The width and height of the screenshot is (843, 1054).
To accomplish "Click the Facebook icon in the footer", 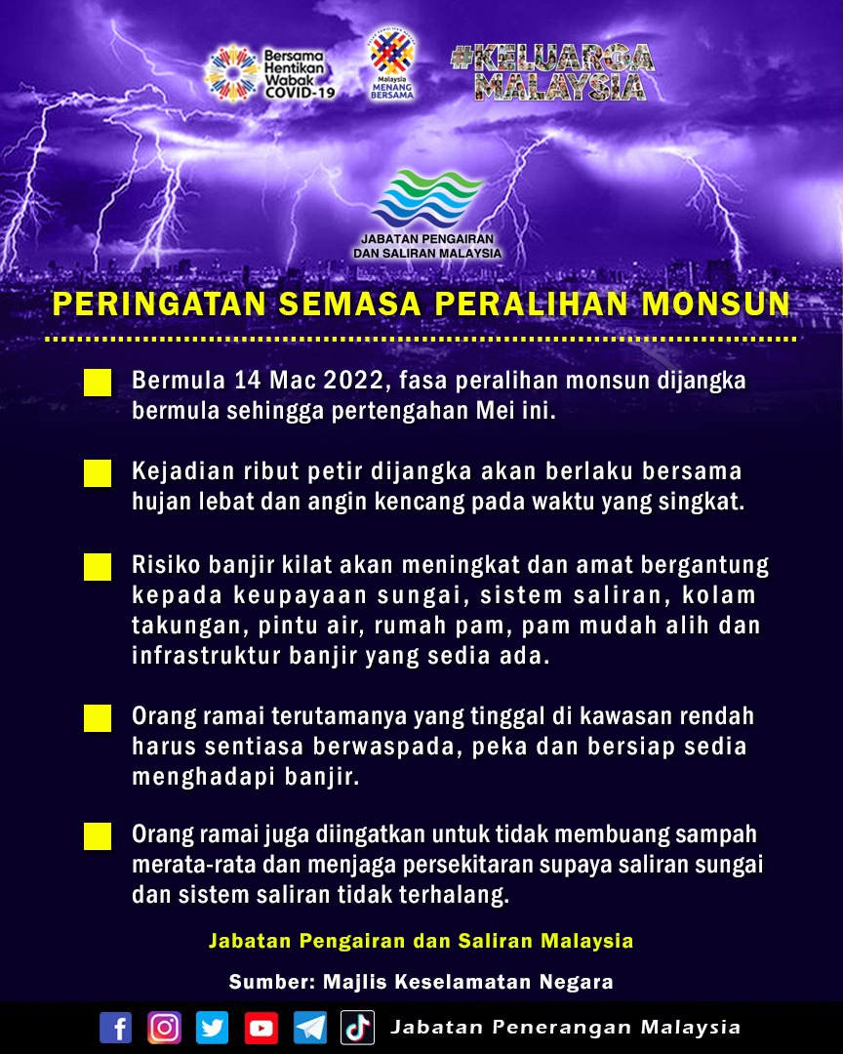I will (x=115, y=1028).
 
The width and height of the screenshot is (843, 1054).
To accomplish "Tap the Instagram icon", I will (x=164, y=1028).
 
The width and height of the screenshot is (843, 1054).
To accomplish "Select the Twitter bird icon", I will (x=212, y=1028).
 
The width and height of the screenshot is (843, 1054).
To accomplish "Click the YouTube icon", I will (x=261, y=1028).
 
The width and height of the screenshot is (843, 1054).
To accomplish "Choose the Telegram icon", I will (x=309, y=1028).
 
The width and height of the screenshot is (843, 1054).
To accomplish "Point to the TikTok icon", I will (x=357, y=1028).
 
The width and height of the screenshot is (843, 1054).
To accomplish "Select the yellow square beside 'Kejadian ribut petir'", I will (x=98, y=474).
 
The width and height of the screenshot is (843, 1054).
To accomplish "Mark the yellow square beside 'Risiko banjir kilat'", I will (x=98, y=567).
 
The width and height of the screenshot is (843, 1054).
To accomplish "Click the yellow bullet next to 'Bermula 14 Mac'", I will (x=98, y=383).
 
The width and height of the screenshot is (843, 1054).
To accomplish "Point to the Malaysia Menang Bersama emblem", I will (x=392, y=64).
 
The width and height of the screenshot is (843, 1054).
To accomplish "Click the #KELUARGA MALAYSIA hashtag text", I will (x=552, y=72).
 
